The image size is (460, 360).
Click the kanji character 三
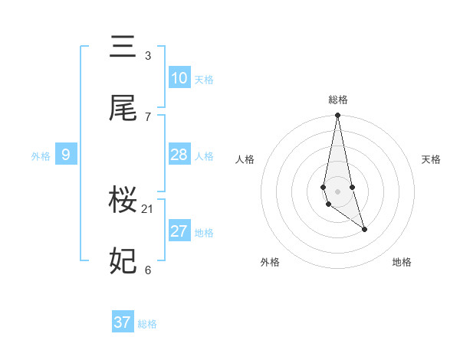(123, 47)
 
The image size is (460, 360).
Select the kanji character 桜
(123, 201)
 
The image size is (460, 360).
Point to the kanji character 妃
(123, 261)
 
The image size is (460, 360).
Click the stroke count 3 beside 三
(148, 56)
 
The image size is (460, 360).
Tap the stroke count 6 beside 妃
(148, 270)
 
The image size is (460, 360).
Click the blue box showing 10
(179, 78)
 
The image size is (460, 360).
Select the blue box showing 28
(179, 155)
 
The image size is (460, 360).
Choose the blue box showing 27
(179, 231)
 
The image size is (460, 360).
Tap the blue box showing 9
(66, 155)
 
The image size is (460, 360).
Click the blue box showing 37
(123, 322)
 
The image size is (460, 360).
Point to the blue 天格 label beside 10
(204, 80)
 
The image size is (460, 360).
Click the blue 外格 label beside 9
(41, 156)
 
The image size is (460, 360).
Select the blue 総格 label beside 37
(147, 324)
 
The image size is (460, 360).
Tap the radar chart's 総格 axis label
(338, 100)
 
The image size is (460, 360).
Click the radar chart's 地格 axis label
(402, 262)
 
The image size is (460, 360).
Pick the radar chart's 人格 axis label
(245, 159)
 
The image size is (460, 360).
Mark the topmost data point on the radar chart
(337, 116)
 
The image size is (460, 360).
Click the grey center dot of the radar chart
(337, 191)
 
